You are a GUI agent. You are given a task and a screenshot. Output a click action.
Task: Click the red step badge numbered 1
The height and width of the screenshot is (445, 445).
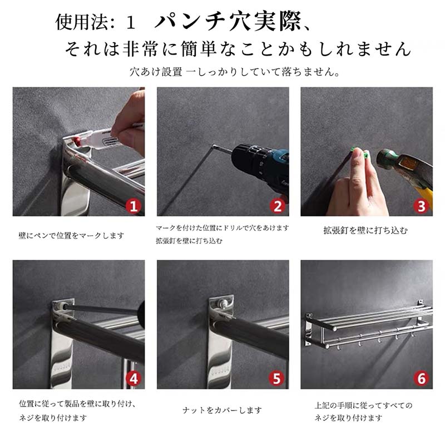tap(133, 206)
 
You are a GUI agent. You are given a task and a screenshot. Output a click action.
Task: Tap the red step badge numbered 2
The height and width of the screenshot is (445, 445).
tap(278, 206)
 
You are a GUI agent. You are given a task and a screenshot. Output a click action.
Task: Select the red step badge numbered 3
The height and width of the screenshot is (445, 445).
tap(422, 206)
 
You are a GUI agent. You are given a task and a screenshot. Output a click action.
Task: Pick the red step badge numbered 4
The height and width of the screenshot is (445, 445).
tap(133, 379)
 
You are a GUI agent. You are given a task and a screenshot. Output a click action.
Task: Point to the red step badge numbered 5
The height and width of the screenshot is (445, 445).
tap(276, 379)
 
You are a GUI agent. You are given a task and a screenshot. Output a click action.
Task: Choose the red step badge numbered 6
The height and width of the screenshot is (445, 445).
tap(422, 379)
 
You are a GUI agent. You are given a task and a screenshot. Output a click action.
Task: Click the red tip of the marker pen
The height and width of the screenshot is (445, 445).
tap(77, 141)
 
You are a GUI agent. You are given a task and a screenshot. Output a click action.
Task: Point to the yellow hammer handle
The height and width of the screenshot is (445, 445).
tap(425, 196)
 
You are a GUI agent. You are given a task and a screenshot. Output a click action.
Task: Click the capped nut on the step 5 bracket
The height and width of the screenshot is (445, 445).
tap(224, 304)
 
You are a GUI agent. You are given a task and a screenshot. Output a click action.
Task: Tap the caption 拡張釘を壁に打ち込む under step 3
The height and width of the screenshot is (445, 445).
tap(365, 230)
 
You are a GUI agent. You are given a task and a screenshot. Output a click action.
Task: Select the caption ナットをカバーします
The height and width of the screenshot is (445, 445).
tap(222, 410)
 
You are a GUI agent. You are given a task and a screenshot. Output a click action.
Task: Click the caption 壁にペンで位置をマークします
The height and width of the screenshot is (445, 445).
tap(71, 235)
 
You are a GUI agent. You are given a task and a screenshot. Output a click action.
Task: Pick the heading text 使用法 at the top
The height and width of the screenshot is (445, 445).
tap(81, 22)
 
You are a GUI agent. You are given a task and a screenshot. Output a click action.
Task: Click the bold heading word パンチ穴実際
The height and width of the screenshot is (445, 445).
tap(228, 21)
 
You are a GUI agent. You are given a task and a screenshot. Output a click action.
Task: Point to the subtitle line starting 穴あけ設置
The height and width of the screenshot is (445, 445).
tap(235, 72)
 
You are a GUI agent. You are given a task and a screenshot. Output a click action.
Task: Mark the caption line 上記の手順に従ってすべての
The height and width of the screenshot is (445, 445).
tap(364, 406)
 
